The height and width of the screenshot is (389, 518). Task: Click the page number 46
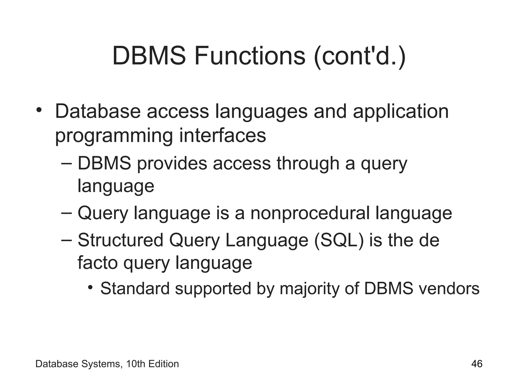(x=477, y=364)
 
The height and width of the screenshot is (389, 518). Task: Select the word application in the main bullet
(x=401, y=111)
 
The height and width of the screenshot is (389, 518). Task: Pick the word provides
(x=172, y=163)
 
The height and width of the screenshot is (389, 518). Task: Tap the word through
(x=308, y=163)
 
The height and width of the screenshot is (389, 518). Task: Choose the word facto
(x=97, y=263)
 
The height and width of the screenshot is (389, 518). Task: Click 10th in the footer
(x=136, y=364)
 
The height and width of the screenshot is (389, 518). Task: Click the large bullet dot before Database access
(x=39, y=110)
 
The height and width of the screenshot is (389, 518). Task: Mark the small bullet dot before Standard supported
(x=90, y=288)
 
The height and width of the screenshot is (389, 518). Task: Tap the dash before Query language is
(x=67, y=212)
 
